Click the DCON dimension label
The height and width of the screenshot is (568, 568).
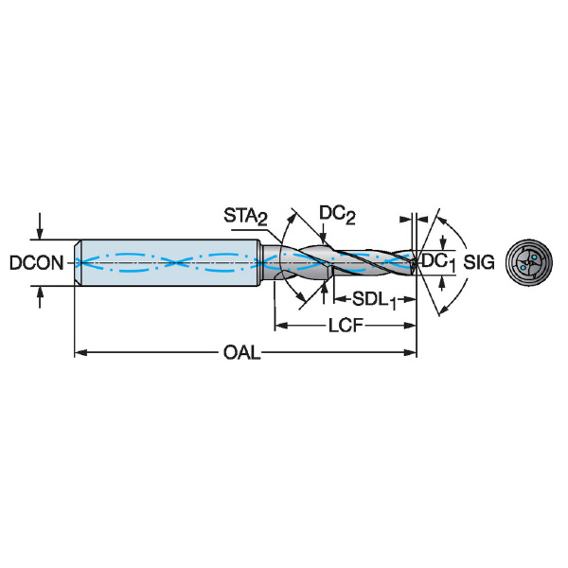(37, 262)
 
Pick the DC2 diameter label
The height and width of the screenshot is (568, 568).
(337, 215)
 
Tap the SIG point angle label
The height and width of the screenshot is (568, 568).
(480, 262)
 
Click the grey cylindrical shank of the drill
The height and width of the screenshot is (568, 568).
(170, 261)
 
